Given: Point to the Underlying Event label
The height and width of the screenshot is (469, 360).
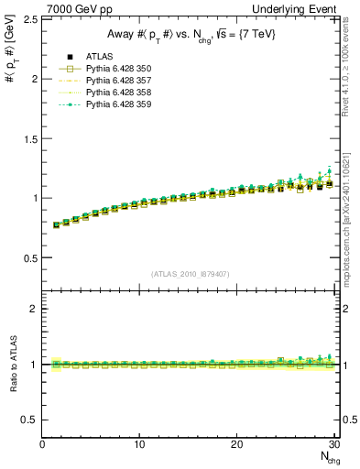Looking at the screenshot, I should point(300,8).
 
